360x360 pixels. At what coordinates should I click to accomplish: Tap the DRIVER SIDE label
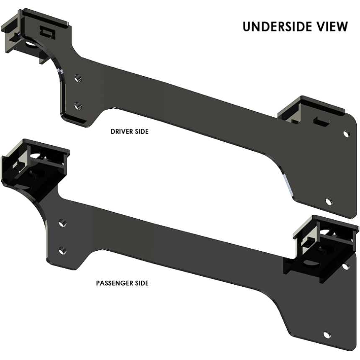coord(129,131)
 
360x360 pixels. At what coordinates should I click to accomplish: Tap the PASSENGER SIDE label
coord(122,283)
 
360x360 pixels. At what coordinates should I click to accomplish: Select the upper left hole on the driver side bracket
coord(77,77)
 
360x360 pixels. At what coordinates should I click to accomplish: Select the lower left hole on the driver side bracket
coord(76,105)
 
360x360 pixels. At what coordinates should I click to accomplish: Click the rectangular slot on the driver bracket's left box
coord(47,31)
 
